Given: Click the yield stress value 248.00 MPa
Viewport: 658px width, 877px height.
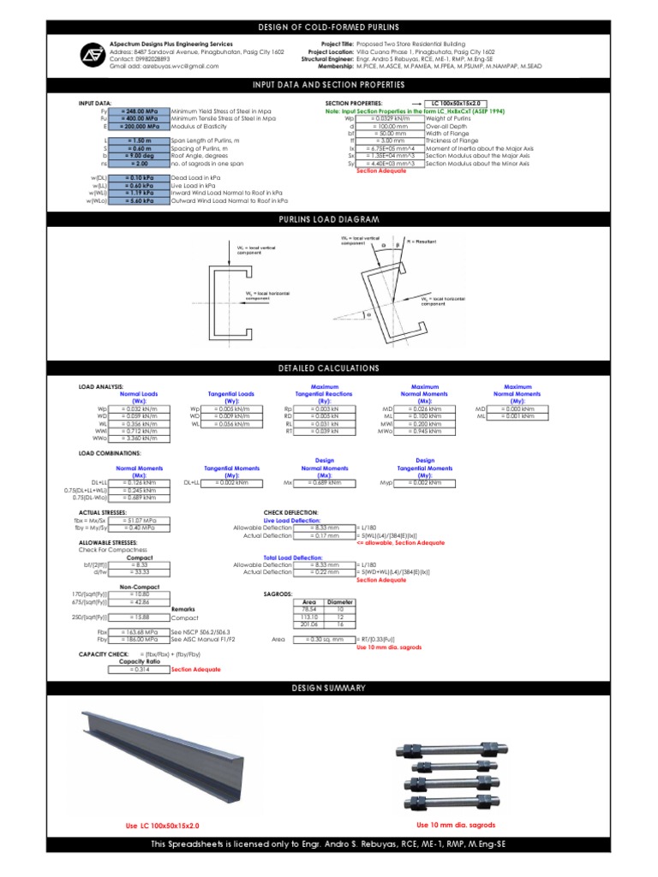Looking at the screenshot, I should [141, 111].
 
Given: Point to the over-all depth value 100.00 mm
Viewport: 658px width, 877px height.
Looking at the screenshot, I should [396, 126].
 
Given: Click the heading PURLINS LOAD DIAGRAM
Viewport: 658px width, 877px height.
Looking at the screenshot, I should [329, 220].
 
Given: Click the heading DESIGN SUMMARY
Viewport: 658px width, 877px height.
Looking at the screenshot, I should [329, 688].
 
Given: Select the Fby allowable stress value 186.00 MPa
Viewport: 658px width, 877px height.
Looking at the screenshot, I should [140, 639].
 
